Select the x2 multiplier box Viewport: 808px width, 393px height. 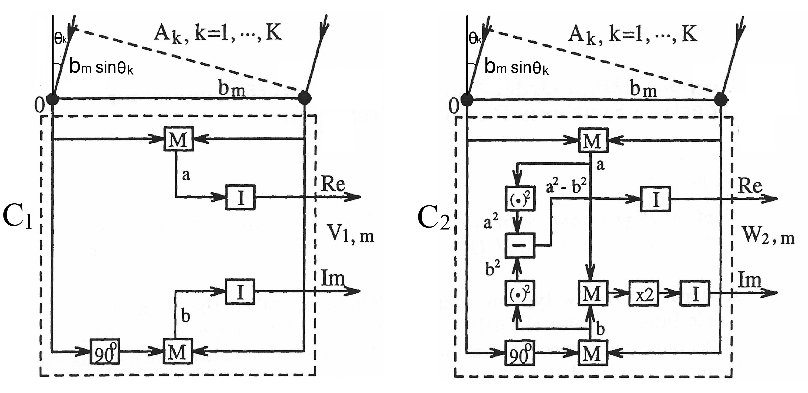[x=644, y=294]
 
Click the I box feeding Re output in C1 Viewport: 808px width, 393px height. [x=240, y=197]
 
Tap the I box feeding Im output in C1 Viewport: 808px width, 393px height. [x=240, y=292]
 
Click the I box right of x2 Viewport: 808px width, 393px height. [x=694, y=294]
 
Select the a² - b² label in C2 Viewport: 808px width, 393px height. [x=566, y=186]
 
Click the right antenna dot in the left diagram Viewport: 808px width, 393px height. [x=304, y=98]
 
